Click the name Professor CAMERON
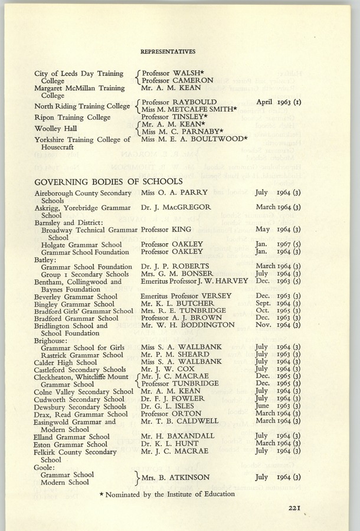pyautogui.click(x=178, y=80)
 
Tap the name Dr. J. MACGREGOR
pyautogui.click(x=176, y=207)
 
